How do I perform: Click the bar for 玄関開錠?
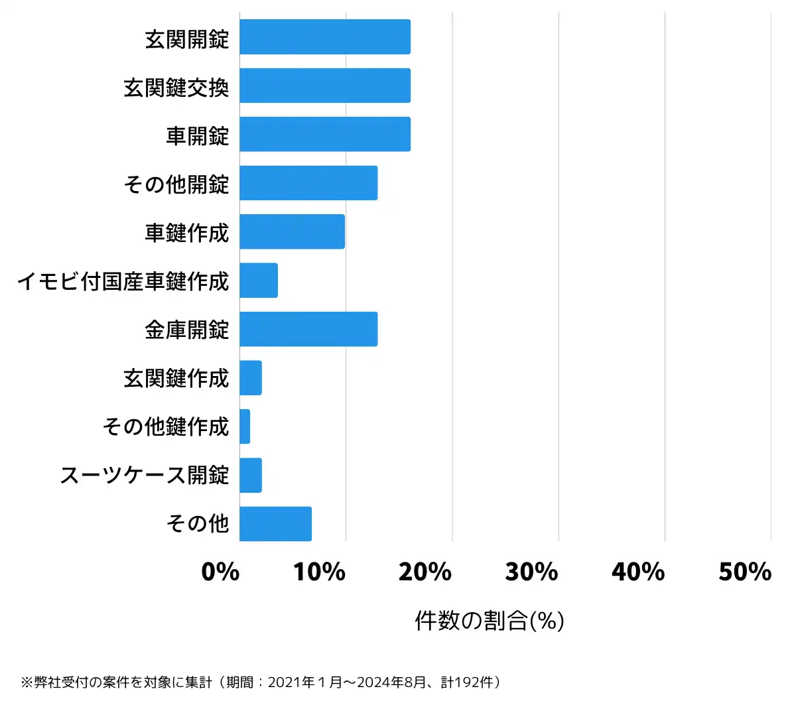[x=325, y=37]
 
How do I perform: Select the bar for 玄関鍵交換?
[x=325, y=86]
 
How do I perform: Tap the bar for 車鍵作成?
[x=292, y=231]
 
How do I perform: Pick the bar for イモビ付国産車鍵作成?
[x=259, y=281]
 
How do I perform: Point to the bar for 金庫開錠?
[x=308, y=329]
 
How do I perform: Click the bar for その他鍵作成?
[x=245, y=426]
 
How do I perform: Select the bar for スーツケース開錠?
[x=251, y=475]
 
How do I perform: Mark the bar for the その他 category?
[x=275, y=524]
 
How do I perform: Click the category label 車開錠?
[x=197, y=135]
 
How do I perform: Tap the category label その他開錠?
[x=176, y=184]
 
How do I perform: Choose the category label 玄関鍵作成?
[x=176, y=378]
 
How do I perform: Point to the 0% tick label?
[x=220, y=572]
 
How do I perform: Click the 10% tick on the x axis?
[x=320, y=572]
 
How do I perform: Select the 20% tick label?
[x=425, y=572]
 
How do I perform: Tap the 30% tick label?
[x=532, y=572]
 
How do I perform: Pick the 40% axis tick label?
[x=638, y=572]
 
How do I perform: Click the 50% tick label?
[x=745, y=572]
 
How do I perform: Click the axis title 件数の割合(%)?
[x=490, y=621]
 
